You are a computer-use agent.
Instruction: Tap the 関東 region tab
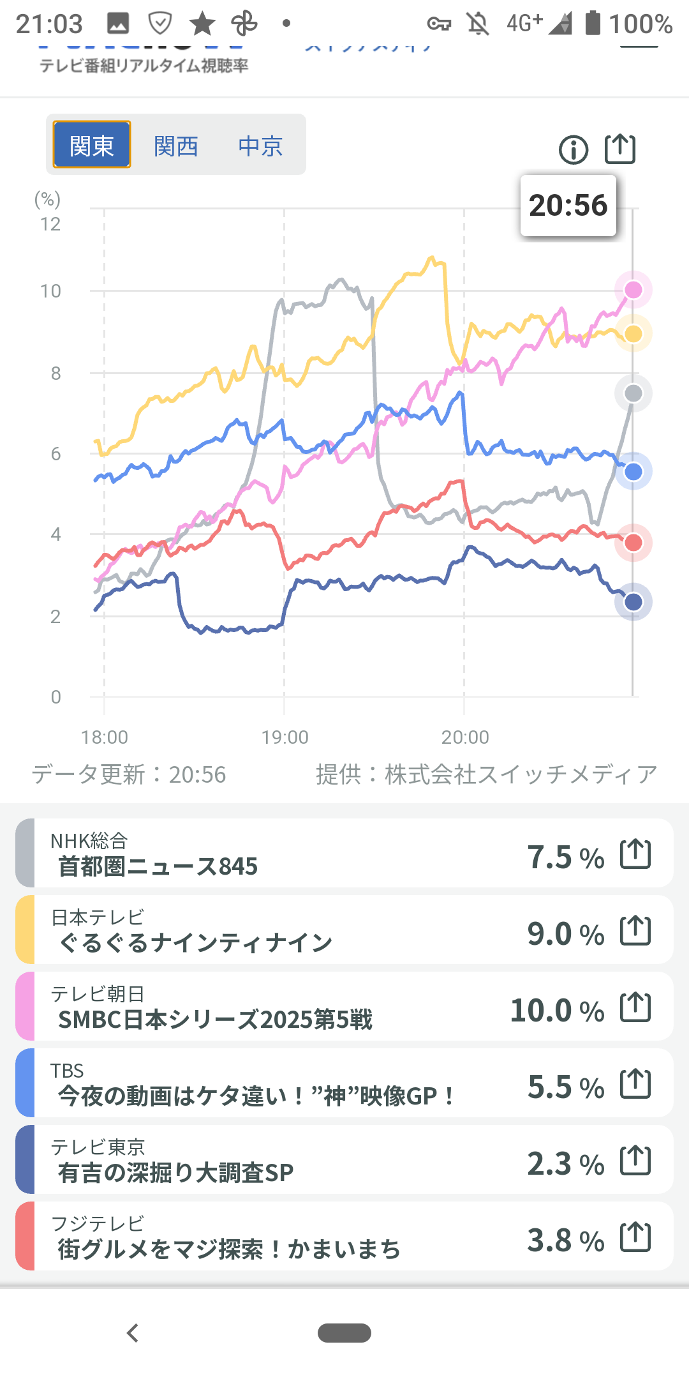[x=92, y=145]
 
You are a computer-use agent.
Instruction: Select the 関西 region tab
[x=176, y=146]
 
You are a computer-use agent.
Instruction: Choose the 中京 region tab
[x=260, y=146]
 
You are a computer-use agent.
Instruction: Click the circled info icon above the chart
[x=574, y=150]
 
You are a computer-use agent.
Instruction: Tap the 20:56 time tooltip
[x=568, y=206]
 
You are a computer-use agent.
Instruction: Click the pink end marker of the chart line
[x=633, y=290]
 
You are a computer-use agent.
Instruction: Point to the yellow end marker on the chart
[x=633, y=333]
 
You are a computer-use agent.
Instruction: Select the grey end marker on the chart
[x=633, y=393]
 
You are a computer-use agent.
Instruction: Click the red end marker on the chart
[x=633, y=543]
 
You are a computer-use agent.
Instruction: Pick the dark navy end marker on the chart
[x=633, y=601]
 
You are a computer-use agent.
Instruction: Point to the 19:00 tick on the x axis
[x=285, y=737]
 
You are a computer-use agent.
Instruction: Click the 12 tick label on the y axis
[x=50, y=224]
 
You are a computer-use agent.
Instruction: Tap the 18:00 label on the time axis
[x=105, y=737]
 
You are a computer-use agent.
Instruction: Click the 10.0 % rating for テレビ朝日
[x=557, y=1011]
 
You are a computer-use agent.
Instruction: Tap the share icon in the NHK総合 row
[x=635, y=854]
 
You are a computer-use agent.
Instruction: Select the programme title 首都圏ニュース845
[x=158, y=866]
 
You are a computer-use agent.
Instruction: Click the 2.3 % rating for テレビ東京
[x=565, y=1164]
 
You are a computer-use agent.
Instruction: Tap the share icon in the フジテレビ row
[x=635, y=1237]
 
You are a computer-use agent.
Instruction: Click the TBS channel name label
[x=67, y=1071]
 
